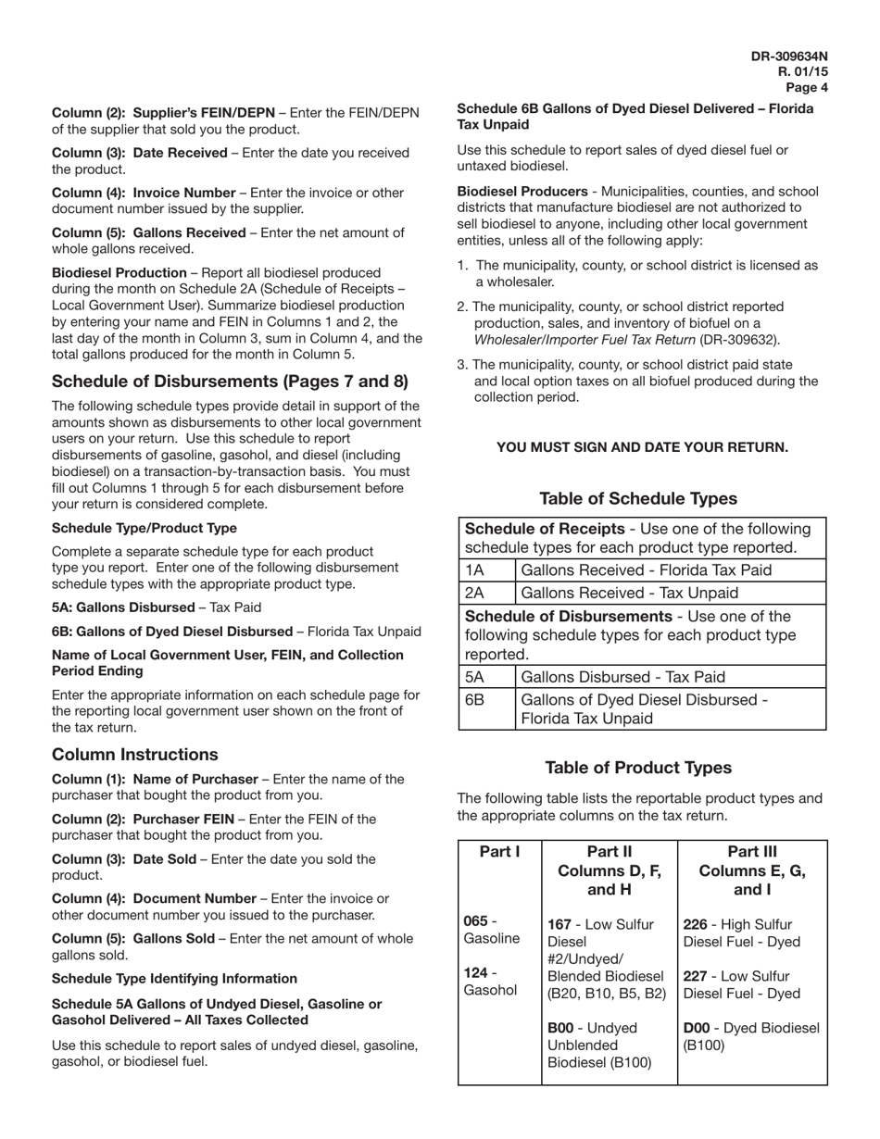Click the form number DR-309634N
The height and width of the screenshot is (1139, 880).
pyautogui.click(x=789, y=56)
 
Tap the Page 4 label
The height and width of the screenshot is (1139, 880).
pyautogui.click(x=807, y=88)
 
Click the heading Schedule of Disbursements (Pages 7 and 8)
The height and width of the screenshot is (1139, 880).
pyautogui.click(x=230, y=382)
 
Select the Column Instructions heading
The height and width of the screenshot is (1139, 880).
pyautogui.click(x=135, y=755)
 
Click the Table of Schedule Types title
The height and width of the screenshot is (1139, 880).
pyautogui.click(x=638, y=499)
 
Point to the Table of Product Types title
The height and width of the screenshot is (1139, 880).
pyautogui.click(x=638, y=768)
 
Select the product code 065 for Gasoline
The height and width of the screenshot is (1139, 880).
pyautogui.click(x=473, y=922)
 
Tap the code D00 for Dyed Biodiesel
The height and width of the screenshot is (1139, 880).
pyautogui.click(x=697, y=1028)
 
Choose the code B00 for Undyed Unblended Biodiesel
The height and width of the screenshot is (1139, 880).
pyautogui.click(x=561, y=1028)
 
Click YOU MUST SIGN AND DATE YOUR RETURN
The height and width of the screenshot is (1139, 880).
pyautogui.click(x=642, y=447)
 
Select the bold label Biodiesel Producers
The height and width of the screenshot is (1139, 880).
pyautogui.click(x=522, y=192)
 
